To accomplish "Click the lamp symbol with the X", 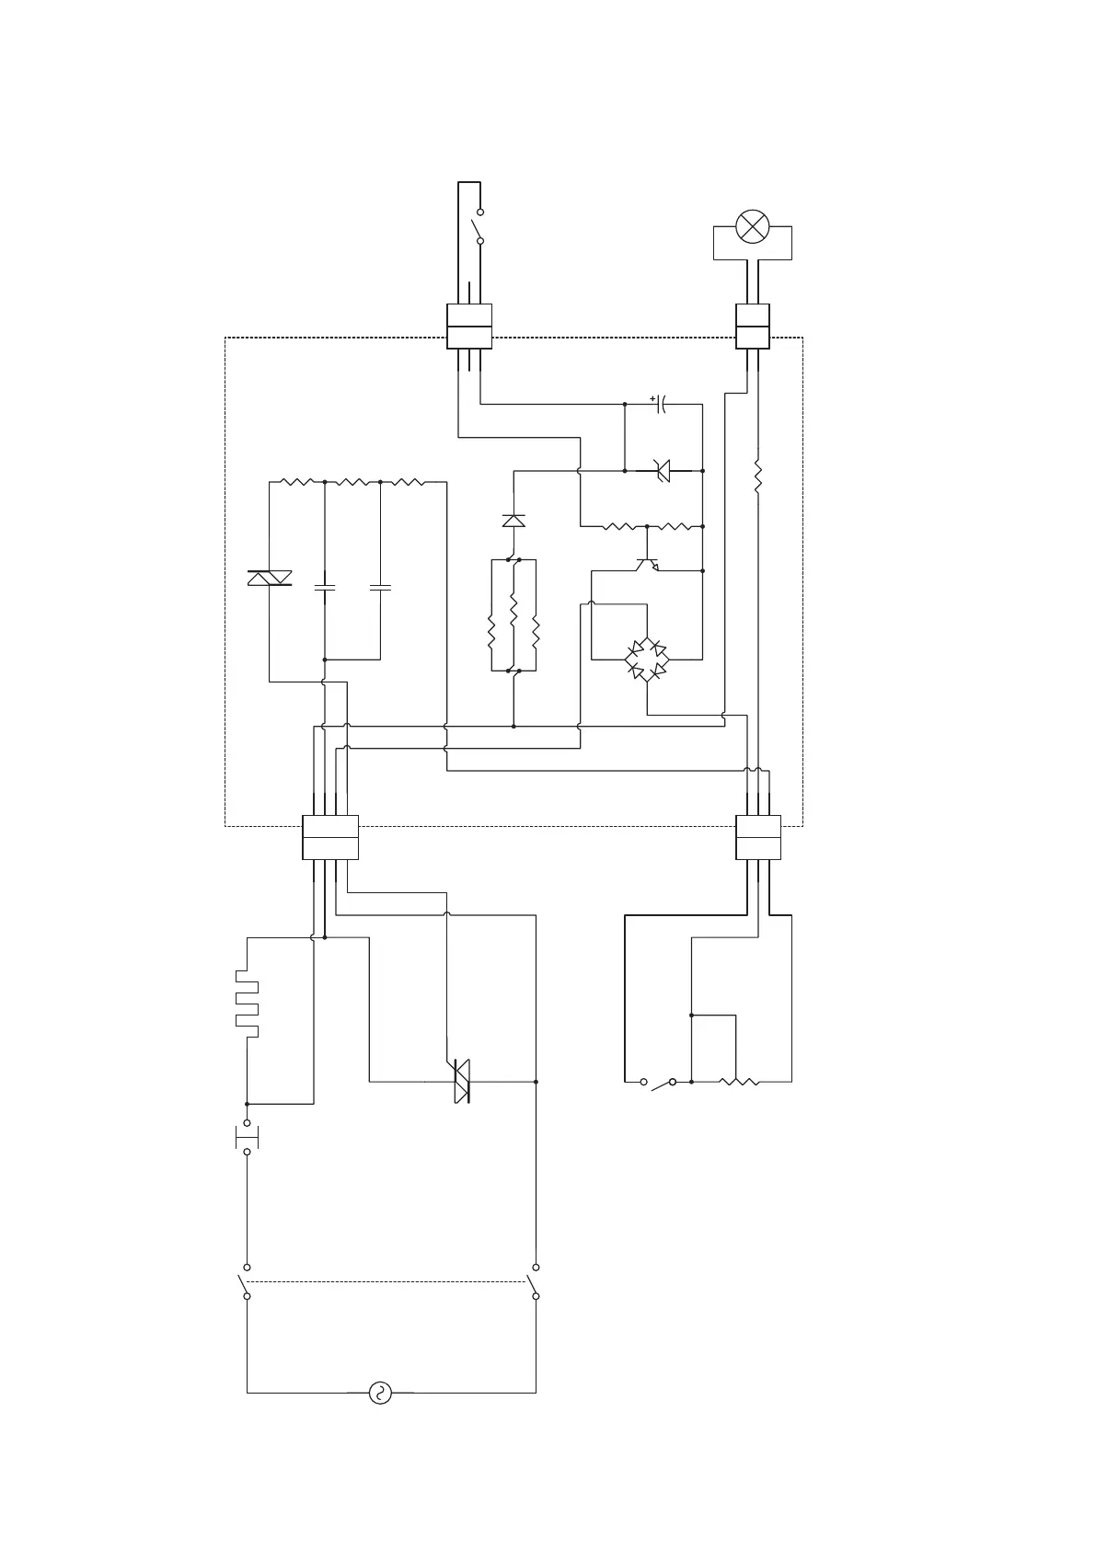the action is (x=753, y=227).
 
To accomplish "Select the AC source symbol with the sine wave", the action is (x=379, y=1393).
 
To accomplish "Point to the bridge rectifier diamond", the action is (x=647, y=658).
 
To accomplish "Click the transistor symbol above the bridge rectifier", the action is (x=648, y=563).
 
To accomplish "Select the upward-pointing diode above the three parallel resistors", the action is (x=513, y=521).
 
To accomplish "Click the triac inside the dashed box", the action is (x=270, y=578).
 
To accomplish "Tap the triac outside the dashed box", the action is (x=462, y=1082).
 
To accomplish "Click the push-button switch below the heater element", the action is (x=247, y=1137).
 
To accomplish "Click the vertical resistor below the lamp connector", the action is (x=757, y=476).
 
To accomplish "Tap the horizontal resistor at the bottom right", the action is (x=740, y=1082).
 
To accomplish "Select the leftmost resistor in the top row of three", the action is (x=297, y=481).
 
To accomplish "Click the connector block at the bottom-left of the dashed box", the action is (x=329, y=837).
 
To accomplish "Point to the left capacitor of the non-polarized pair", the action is (x=324, y=586).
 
